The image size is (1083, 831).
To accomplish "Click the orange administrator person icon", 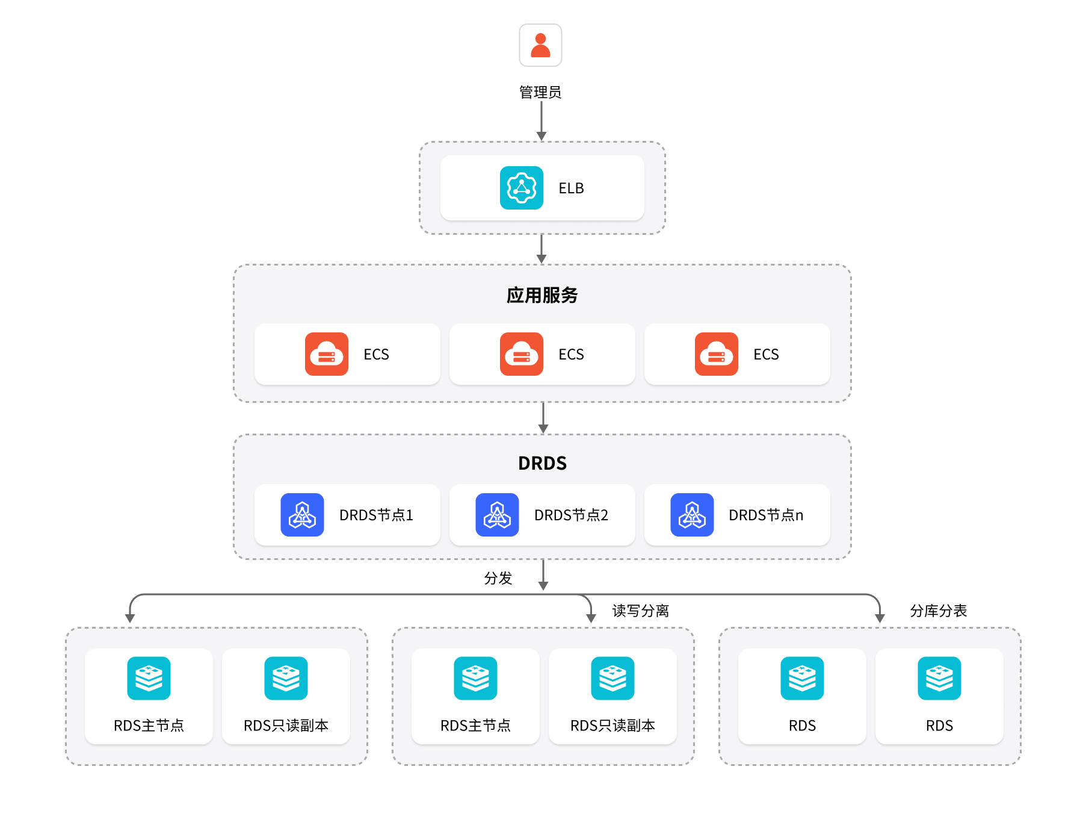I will coord(540,45).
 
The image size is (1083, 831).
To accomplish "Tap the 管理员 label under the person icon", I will coord(540,92).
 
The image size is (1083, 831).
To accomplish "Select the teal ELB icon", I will coord(521,188).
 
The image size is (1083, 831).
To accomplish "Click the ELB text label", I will coord(571,188).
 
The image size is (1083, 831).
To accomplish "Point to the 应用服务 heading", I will coord(542,295).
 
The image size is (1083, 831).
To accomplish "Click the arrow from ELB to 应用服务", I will coord(541,249).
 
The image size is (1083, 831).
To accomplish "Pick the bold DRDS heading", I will coord(542,463).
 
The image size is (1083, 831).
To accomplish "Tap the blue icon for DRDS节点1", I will coord(302,515).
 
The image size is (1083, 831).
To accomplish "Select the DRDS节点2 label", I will coord(571,515).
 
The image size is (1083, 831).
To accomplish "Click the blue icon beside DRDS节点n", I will coord(692,515).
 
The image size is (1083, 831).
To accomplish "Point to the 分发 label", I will coord(498,578).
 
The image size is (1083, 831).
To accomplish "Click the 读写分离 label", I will coord(640,611).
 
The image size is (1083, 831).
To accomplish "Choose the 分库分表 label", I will coord(938,611).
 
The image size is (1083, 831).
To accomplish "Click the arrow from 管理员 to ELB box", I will coord(541,120).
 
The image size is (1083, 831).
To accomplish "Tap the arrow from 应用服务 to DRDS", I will coord(543,417).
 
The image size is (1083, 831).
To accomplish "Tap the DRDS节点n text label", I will coord(766,515).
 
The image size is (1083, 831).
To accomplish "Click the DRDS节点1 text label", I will coord(376,515).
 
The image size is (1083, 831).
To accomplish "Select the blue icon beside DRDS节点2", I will coord(497,515).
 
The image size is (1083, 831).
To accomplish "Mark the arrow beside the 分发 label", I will coord(543,575).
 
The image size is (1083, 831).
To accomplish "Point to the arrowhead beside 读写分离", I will coord(591,618).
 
